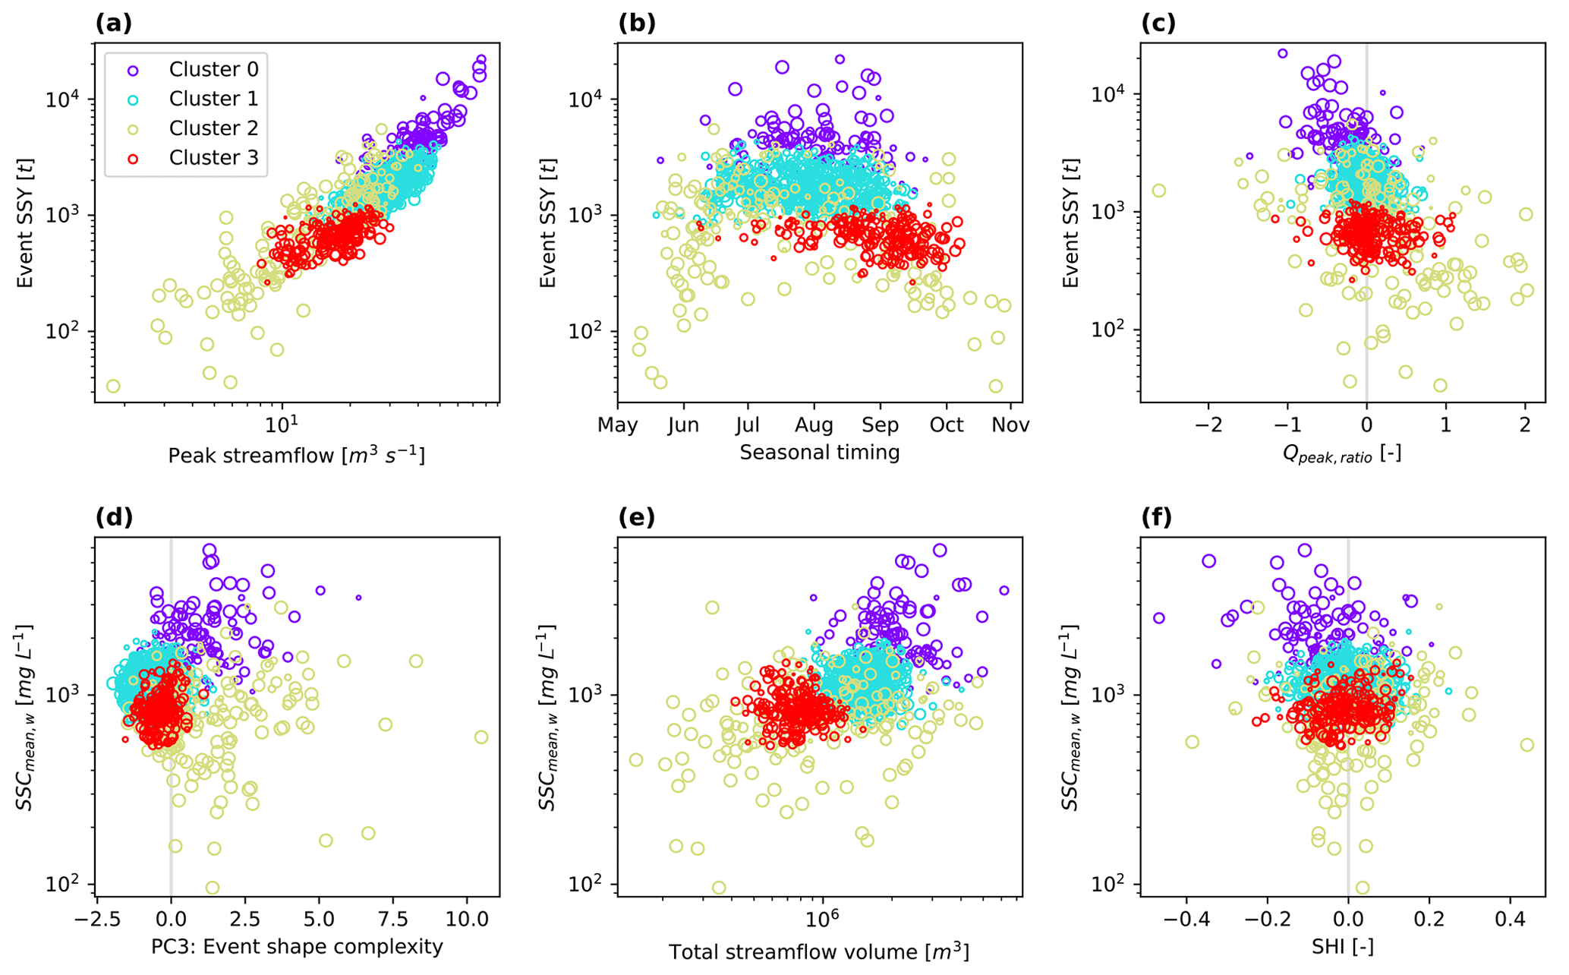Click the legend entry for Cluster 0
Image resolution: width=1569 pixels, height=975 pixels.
[213, 70]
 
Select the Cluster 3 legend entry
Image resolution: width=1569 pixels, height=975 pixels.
[213, 158]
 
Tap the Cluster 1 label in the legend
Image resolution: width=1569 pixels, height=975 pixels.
[213, 99]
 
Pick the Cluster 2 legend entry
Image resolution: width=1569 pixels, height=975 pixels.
[213, 128]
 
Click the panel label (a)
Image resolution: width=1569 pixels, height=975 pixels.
[114, 24]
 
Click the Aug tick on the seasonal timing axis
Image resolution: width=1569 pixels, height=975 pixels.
[814, 425]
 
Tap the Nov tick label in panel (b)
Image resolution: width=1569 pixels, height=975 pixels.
[1010, 425]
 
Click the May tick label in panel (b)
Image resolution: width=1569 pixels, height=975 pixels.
[618, 425]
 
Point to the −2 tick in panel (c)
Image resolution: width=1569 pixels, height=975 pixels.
[1208, 425]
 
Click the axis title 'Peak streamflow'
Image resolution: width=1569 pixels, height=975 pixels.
[296, 456]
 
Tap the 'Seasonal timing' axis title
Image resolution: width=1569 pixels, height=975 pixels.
[820, 453]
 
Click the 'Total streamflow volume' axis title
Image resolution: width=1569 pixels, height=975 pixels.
[819, 951]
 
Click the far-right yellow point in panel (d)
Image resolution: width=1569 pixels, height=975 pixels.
[481, 737]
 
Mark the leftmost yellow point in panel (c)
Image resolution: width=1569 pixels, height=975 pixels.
[1158, 191]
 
